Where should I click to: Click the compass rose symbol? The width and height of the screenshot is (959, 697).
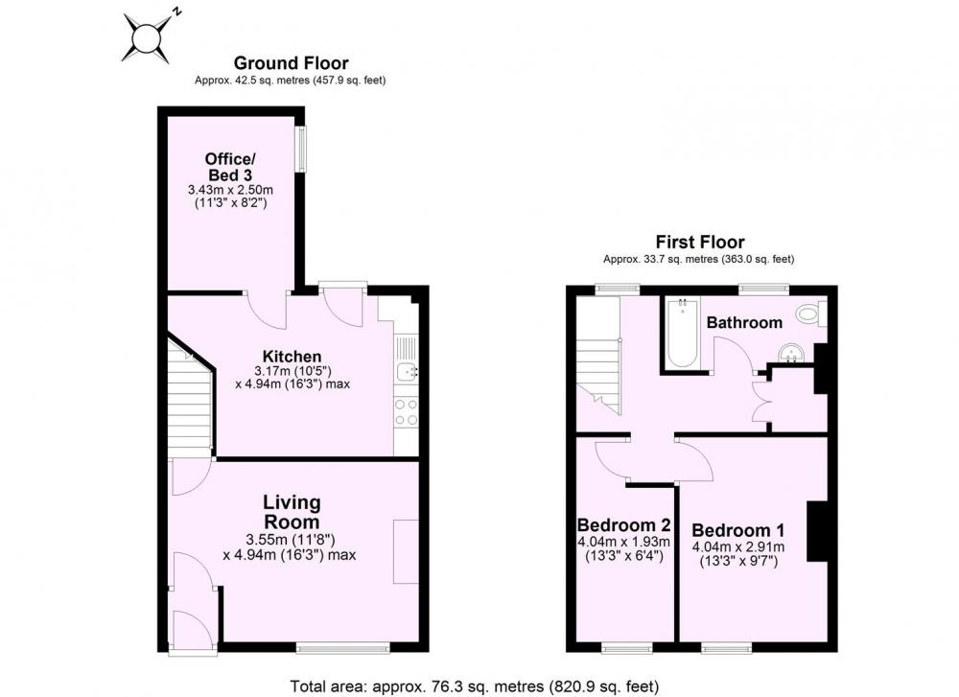pyautogui.click(x=147, y=37)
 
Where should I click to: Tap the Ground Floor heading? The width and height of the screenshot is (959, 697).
pyautogui.click(x=292, y=63)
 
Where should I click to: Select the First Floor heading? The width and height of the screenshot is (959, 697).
pyautogui.click(x=700, y=243)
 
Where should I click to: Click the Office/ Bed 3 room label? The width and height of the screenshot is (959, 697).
pyautogui.click(x=230, y=167)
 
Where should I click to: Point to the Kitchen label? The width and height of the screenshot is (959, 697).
pyautogui.click(x=292, y=357)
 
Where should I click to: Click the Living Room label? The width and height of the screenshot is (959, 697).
pyautogui.click(x=292, y=512)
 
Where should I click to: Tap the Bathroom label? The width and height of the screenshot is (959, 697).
pyautogui.click(x=744, y=322)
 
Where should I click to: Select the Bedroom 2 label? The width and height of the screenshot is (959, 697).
pyautogui.click(x=624, y=525)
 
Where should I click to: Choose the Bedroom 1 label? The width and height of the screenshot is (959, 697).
pyautogui.click(x=738, y=530)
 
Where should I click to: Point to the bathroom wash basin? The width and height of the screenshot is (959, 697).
pyautogui.click(x=794, y=353)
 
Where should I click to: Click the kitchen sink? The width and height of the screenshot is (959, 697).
pyautogui.click(x=406, y=370)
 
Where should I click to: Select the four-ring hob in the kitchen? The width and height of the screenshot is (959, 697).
pyautogui.click(x=406, y=411)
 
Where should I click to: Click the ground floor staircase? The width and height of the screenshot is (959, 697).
pyautogui.click(x=190, y=397)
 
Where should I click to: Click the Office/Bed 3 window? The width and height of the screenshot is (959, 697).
pyautogui.click(x=300, y=150)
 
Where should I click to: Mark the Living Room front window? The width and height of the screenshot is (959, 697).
pyautogui.click(x=342, y=648)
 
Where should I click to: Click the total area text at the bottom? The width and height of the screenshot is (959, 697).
pyautogui.click(x=475, y=686)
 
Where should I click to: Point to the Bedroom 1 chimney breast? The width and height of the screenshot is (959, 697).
pyautogui.click(x=817, y=531)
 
